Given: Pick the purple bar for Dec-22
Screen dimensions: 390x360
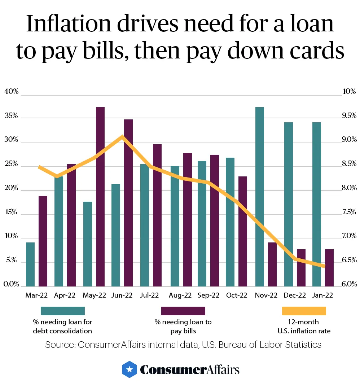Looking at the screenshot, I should pyautogui.click(x=301, y=267).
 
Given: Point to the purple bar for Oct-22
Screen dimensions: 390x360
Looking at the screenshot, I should pyautogui.click(x=243, y=231).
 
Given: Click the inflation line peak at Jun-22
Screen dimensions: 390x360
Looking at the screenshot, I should pyautogui.click(x=123, y=136).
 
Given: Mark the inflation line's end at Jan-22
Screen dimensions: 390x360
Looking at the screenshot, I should pyautogui.click(x=324, y=266).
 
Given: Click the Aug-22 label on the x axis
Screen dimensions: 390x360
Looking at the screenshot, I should pyautogui.click(x=180, y=295).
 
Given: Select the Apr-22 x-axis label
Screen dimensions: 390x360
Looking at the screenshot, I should pyautogui.click(x=65, y=295).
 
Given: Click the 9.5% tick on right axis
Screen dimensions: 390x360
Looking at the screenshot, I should pyautogui.click(x=349, y=116).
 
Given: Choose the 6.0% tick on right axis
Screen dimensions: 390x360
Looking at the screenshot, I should pyautogui.click(x=349, y=284).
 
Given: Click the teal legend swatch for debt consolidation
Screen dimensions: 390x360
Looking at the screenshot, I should pyautogui.click(x=63, y=311).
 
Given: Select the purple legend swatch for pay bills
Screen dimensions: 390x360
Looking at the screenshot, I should pyautogui.click(x=183, y=311).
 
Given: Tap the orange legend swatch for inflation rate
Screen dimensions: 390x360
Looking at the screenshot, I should pyautogui.click(x=304, y=311).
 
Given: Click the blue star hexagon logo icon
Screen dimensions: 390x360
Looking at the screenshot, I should pyautogui.click(x=129, y=369).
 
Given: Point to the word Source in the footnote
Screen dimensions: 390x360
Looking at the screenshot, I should pyautogui.click(x=59, y=345).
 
